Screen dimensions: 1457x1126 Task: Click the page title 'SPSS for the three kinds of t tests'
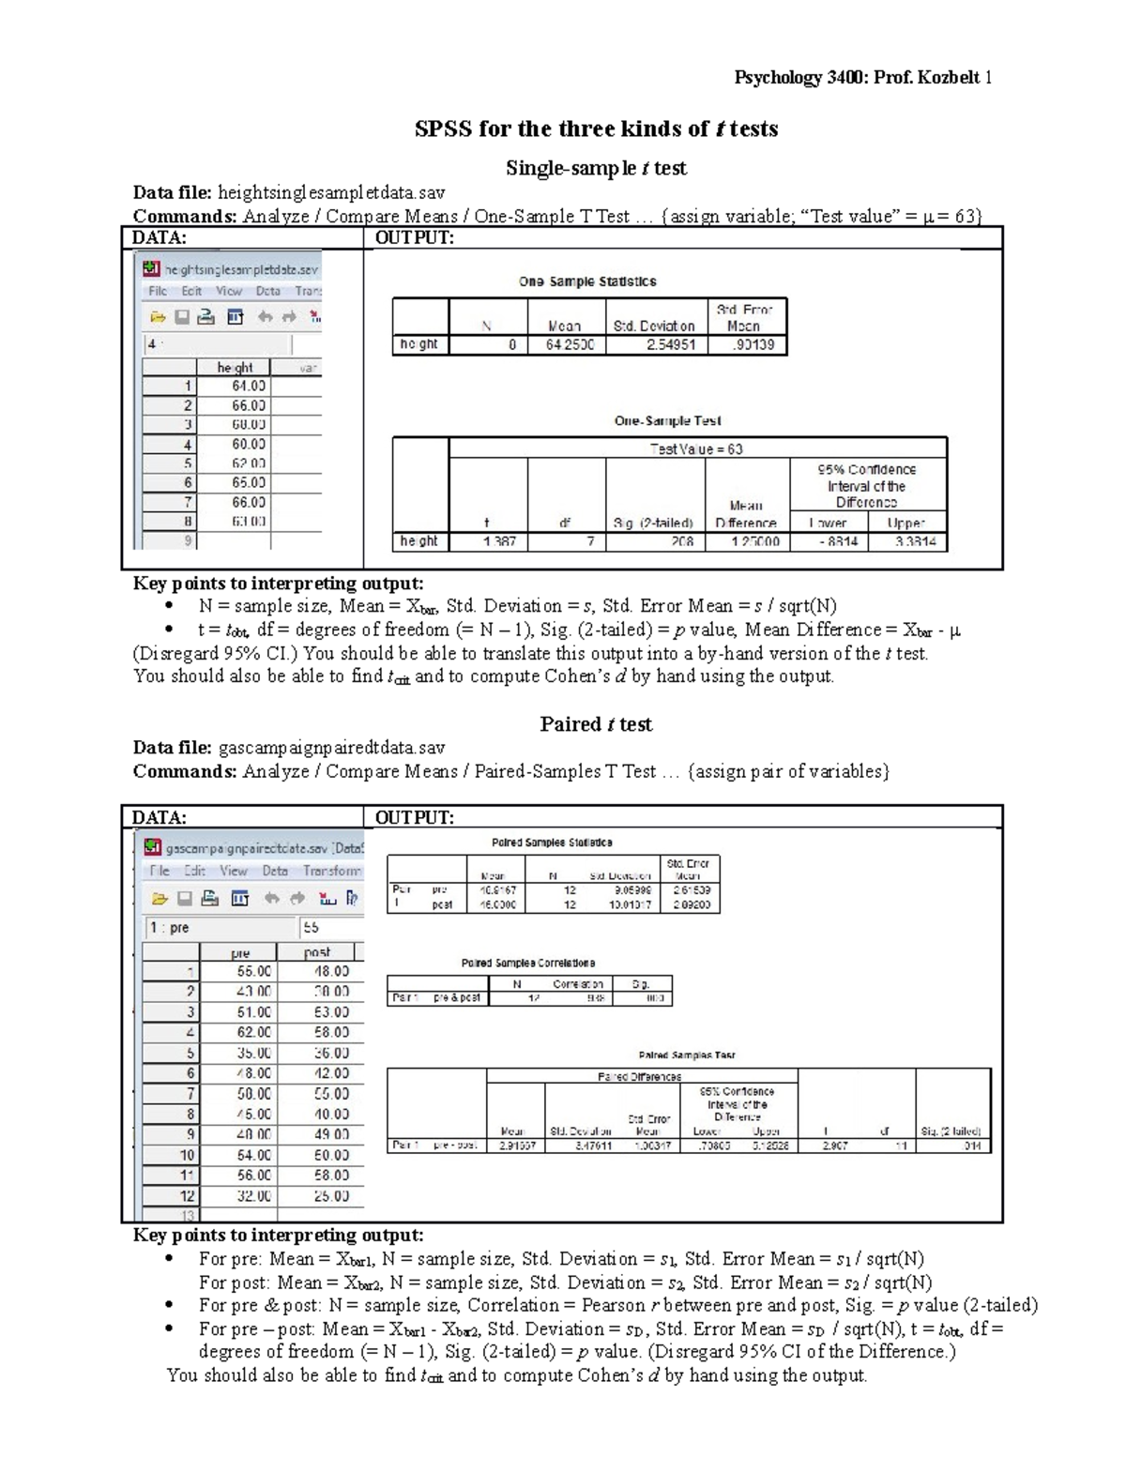pyautogui.click(x=596, y=129)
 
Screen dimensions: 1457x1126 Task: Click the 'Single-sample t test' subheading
pyautogui.click(x=596, y=168)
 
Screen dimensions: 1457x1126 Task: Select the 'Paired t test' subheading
pyautogui.click(x=596, y=724)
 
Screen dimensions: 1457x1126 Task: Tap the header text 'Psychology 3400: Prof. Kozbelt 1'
pyautogui.click(x=862, y=77)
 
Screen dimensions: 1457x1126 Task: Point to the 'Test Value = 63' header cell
pyautogui.click(x=697, y=449)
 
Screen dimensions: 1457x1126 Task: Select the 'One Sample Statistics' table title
pyautogui.click(x=587, y=281)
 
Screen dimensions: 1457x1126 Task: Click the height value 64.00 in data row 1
pyautogui.click(x=248, y=386)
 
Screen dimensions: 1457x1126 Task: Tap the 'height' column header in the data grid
pyautogui.click(x=235, y=368)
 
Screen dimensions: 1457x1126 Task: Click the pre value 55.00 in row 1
pyautogui.click(x=253, y=972)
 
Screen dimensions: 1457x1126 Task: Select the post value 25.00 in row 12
pyautogui.click(x=331, y=1196)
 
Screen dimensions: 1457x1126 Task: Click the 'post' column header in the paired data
pyautogui.click(x=317, y=952)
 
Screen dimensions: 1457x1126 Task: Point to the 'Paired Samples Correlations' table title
pyautogui.click(x=527, y=964)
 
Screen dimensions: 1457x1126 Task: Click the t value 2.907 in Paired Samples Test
pyautogui.click(x=833, y=1146)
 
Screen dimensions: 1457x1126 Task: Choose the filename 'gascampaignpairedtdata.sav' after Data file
pyautogui.click(x=331, y=748)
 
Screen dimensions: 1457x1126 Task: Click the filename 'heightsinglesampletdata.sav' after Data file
pyautogui.click(x=331, y=193)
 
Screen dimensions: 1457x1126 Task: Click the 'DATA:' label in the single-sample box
pyautogui.click(x=159, y=238)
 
